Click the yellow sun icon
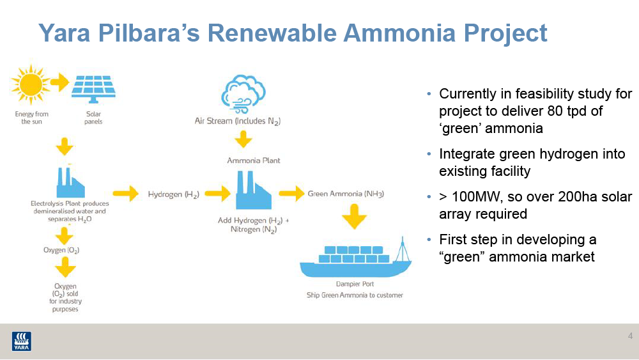click(x=31, y=85)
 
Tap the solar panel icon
click(x=93, y=89)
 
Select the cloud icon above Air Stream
click(x=243, y=94)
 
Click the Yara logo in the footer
click(x=21, y=341)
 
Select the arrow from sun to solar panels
click(x=60, y=82)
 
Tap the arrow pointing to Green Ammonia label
click(x=291, y=193)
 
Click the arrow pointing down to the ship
click(x=354, y=217)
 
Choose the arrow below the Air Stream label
click(x=243, y=139)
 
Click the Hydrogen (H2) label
click(x=174, y=194)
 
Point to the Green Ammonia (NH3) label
click(x=346, y=194)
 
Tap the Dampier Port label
click(x=355, y=284)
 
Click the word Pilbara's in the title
click(x=149, y=33)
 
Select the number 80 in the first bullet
click(x=555, y=111)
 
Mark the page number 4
click(x=630, y=336)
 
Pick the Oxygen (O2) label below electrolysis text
click(x=61, y=250)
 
